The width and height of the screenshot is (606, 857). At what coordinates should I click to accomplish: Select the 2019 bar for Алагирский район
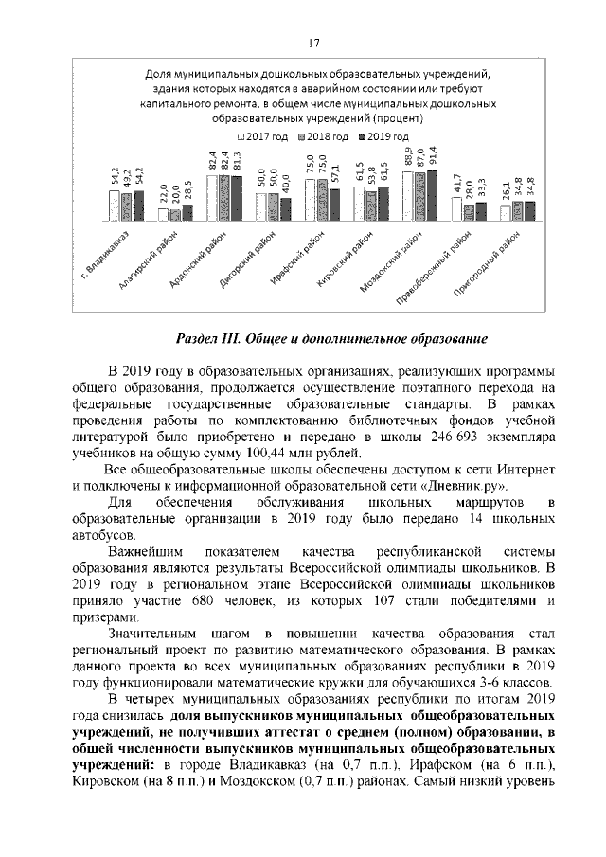pos(187,212)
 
